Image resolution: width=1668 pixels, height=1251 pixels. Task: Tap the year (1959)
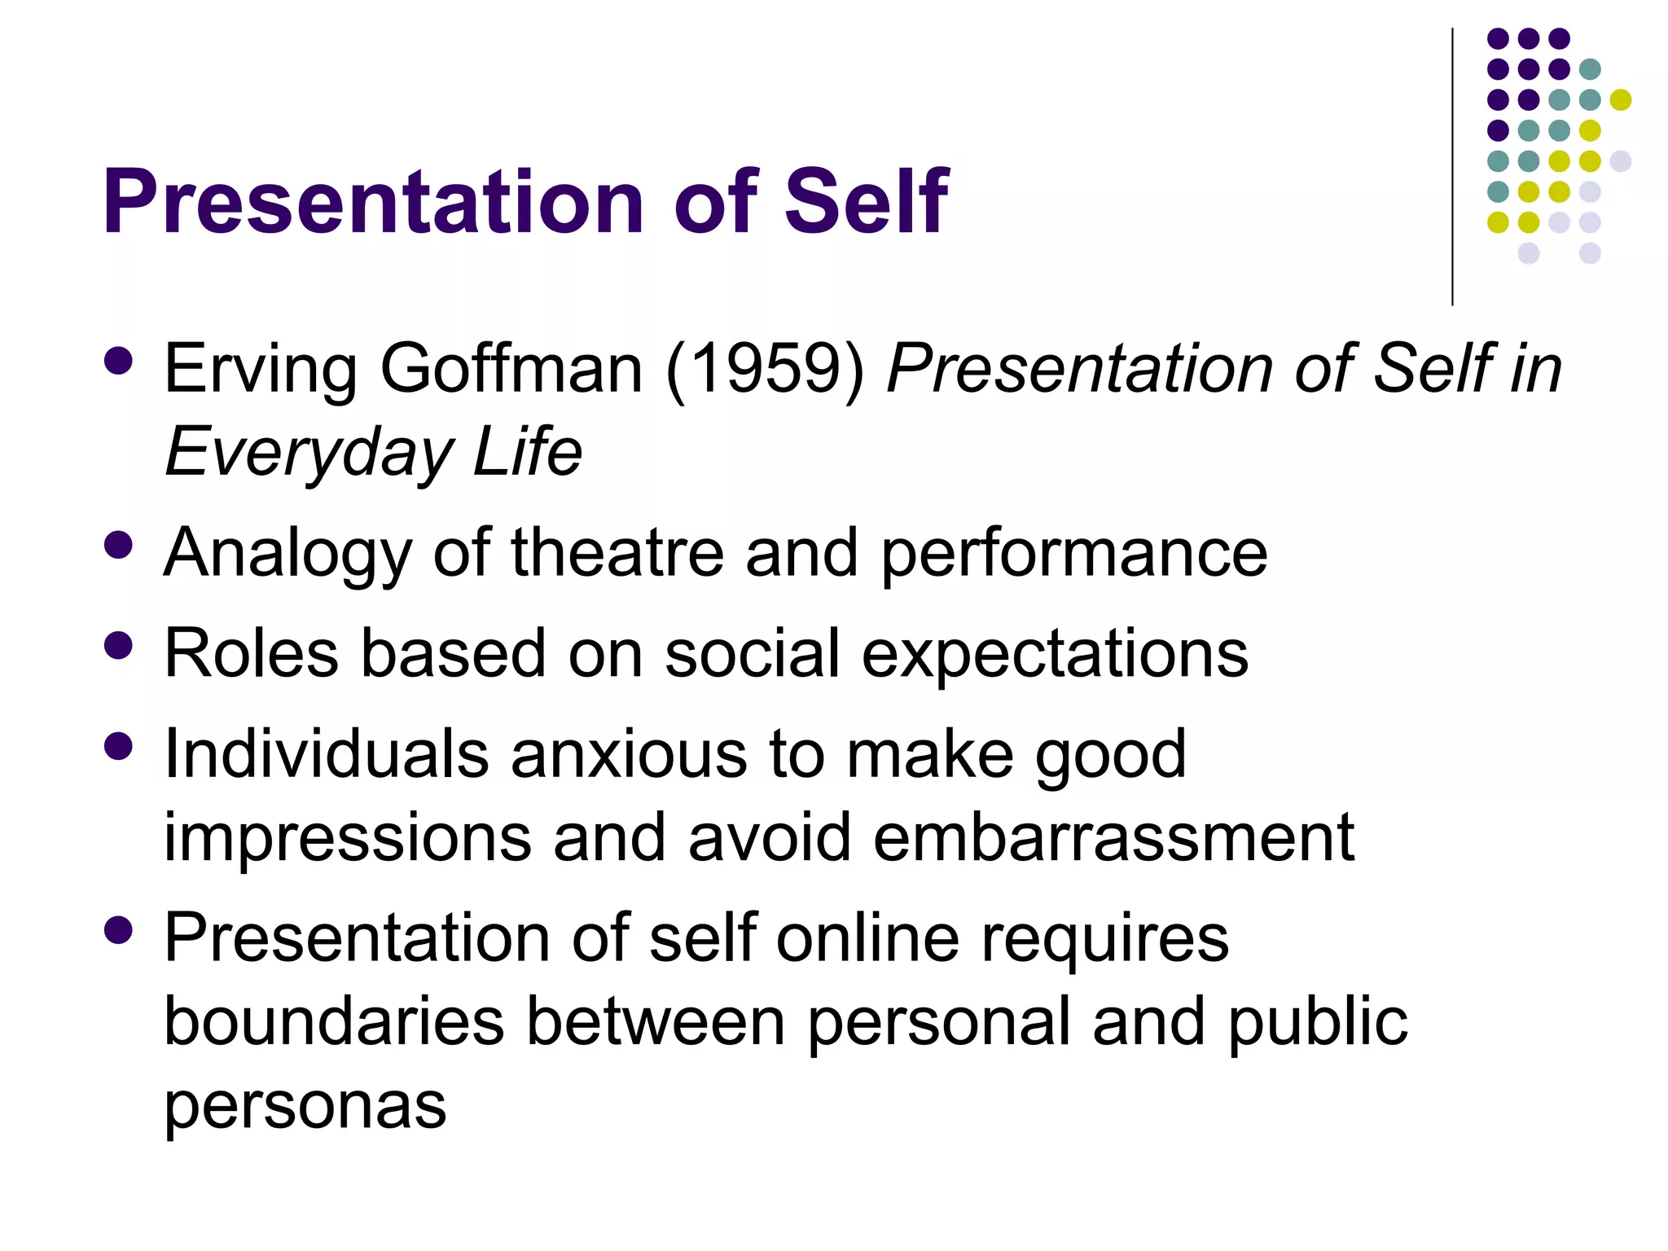765,370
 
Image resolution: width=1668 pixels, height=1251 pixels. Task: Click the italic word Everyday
307,453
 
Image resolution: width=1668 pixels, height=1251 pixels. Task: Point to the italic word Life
528,451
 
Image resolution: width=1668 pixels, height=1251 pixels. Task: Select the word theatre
617,553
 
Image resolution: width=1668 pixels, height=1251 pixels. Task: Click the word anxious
629,754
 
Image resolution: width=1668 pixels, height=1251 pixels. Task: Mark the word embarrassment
1113,837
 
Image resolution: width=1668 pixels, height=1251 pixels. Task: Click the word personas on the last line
305,1106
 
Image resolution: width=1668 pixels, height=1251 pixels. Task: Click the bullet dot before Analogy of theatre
119,545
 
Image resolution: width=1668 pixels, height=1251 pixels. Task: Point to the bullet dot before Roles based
119,645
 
